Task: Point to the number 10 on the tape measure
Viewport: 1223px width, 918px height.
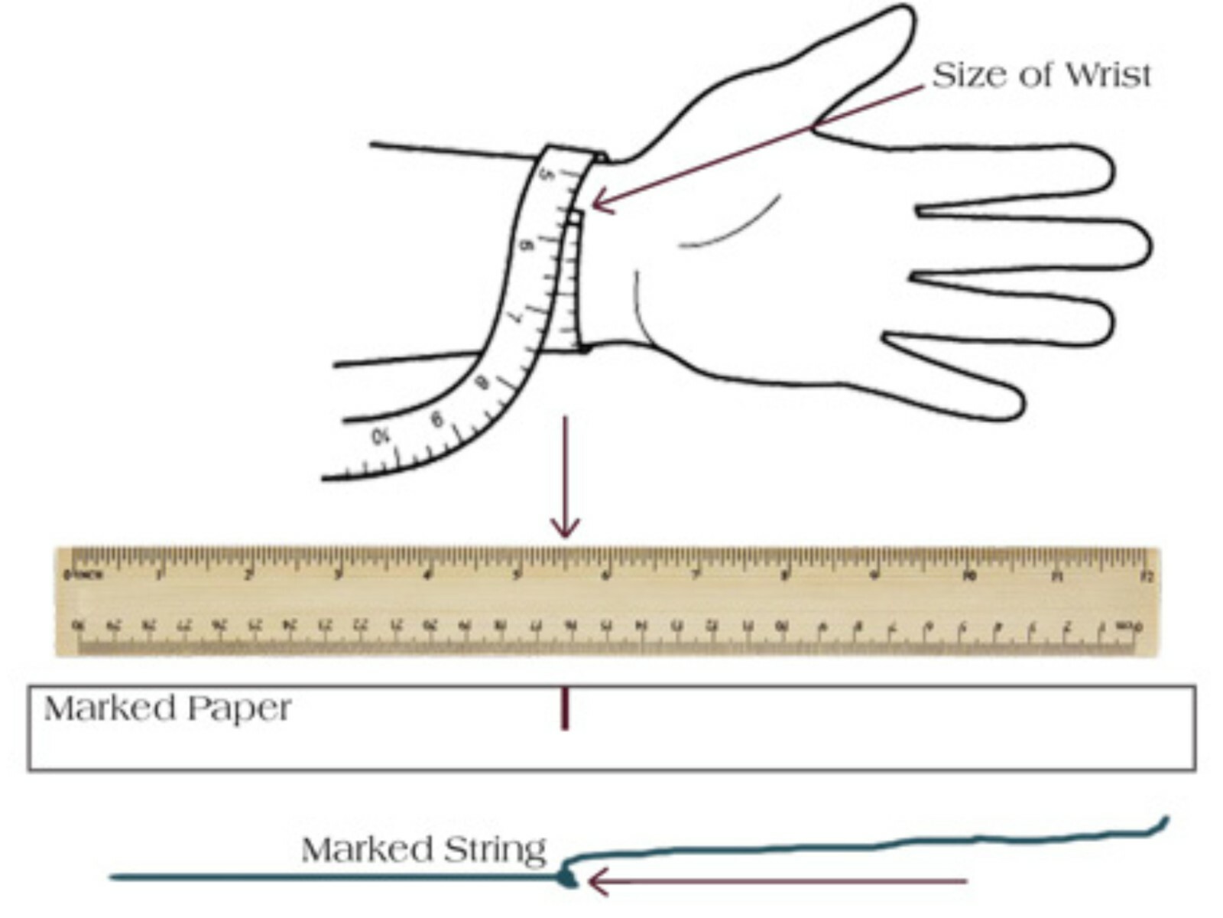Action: point(381,437)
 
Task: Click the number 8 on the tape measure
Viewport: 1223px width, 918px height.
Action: point(482,382)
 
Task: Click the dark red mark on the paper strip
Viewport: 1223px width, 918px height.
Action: point(565,708)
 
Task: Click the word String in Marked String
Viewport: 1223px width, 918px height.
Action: point(497,849)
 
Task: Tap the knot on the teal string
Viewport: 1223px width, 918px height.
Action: point(567,877)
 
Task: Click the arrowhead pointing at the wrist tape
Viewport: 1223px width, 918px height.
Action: point(600,203)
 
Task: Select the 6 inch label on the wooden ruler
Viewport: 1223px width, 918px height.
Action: point(606,575)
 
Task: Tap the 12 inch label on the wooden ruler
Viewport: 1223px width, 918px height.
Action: point(1146,575)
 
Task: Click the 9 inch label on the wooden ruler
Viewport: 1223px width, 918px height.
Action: point(875,575)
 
